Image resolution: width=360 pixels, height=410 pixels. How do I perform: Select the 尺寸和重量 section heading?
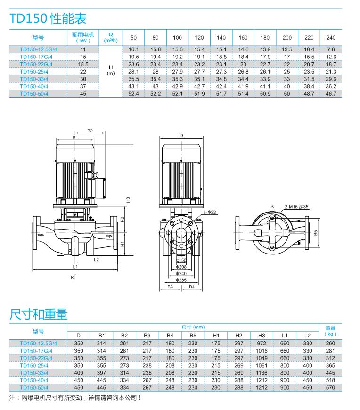pos(39,314)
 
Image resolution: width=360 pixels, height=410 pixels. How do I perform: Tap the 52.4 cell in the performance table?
pos(134,94)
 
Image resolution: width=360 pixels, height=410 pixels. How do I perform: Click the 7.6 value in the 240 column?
pos(331,49)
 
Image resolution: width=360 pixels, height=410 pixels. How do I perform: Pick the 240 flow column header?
pos(331,38)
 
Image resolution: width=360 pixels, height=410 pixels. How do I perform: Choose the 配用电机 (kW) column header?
pos(83,38)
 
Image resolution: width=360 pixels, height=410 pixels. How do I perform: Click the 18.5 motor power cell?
pos(83,64)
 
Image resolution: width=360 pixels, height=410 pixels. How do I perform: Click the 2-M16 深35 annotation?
pos(296,206)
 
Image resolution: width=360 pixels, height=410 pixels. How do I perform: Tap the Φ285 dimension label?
pos(181,280)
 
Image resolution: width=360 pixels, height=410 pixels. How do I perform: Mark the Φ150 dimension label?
pos(181,260)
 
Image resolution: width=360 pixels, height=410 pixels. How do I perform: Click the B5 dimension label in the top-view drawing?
pos(316,233)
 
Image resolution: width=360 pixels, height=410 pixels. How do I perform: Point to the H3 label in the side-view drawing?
pos(128,200)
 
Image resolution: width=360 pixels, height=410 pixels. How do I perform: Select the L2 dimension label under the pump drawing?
pos(96,259)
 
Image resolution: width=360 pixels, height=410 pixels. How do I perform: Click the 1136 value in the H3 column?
pos(262,372)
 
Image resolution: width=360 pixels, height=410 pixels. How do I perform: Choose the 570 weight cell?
pos(330,387)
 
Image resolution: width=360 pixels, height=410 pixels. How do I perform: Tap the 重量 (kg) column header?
pos(330,331)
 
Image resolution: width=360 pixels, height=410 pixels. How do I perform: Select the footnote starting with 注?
pos(75,398)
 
